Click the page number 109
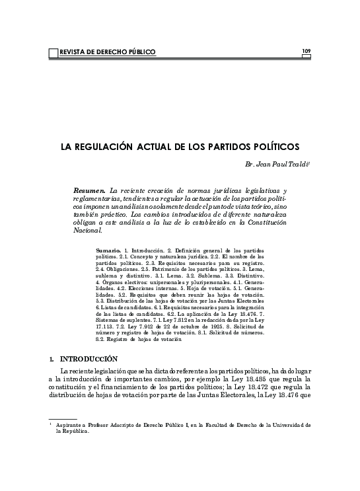(x=306, y=50)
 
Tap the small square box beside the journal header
(x=54, y=52)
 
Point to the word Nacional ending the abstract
(x=89, y=231)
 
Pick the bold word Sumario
(x=108, y=252)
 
